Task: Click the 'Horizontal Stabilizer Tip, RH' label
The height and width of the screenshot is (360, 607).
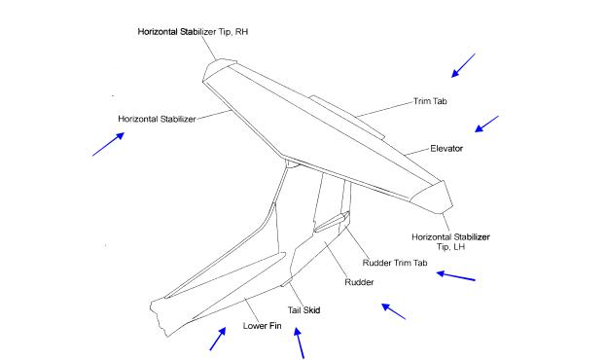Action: [x=193, y=32]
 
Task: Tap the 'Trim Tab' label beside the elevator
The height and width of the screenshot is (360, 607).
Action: [x=430, y=101]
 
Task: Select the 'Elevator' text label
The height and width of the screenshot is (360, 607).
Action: [x=446, y=148]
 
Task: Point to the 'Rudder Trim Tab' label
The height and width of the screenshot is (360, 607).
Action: [x=395, y=263]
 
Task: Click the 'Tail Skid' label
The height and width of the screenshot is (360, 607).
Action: [x=303, y=310]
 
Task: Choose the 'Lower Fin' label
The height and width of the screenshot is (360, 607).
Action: [x=262, y=326]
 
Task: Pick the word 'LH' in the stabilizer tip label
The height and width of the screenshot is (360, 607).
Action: [x=459, y=247]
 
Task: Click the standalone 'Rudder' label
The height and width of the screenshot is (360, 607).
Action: [x=359, y=282]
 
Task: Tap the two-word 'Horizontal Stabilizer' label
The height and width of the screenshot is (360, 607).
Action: [x=157, y=120]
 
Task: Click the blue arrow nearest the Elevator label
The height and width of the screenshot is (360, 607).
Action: [x=486, y=124]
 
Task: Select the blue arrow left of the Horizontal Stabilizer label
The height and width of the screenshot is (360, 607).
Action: [x=108, y=144]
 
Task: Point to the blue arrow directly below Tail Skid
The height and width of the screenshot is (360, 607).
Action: [x=299, y=342]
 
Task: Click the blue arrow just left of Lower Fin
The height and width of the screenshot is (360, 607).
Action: [x=218, y=339]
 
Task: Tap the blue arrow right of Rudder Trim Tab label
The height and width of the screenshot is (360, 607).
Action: [x=455, y=276]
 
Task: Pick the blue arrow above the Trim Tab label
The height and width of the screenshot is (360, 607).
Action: [x=463, y=65]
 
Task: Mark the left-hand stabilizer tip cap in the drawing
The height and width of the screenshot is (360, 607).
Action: [x=433, y=198]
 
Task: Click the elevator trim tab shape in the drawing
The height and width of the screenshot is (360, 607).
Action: [x=347, y=117]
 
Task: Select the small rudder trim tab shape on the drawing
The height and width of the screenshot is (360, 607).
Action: [x=332, y=222]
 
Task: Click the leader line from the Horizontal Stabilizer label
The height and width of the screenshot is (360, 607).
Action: [x=214, y=115]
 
